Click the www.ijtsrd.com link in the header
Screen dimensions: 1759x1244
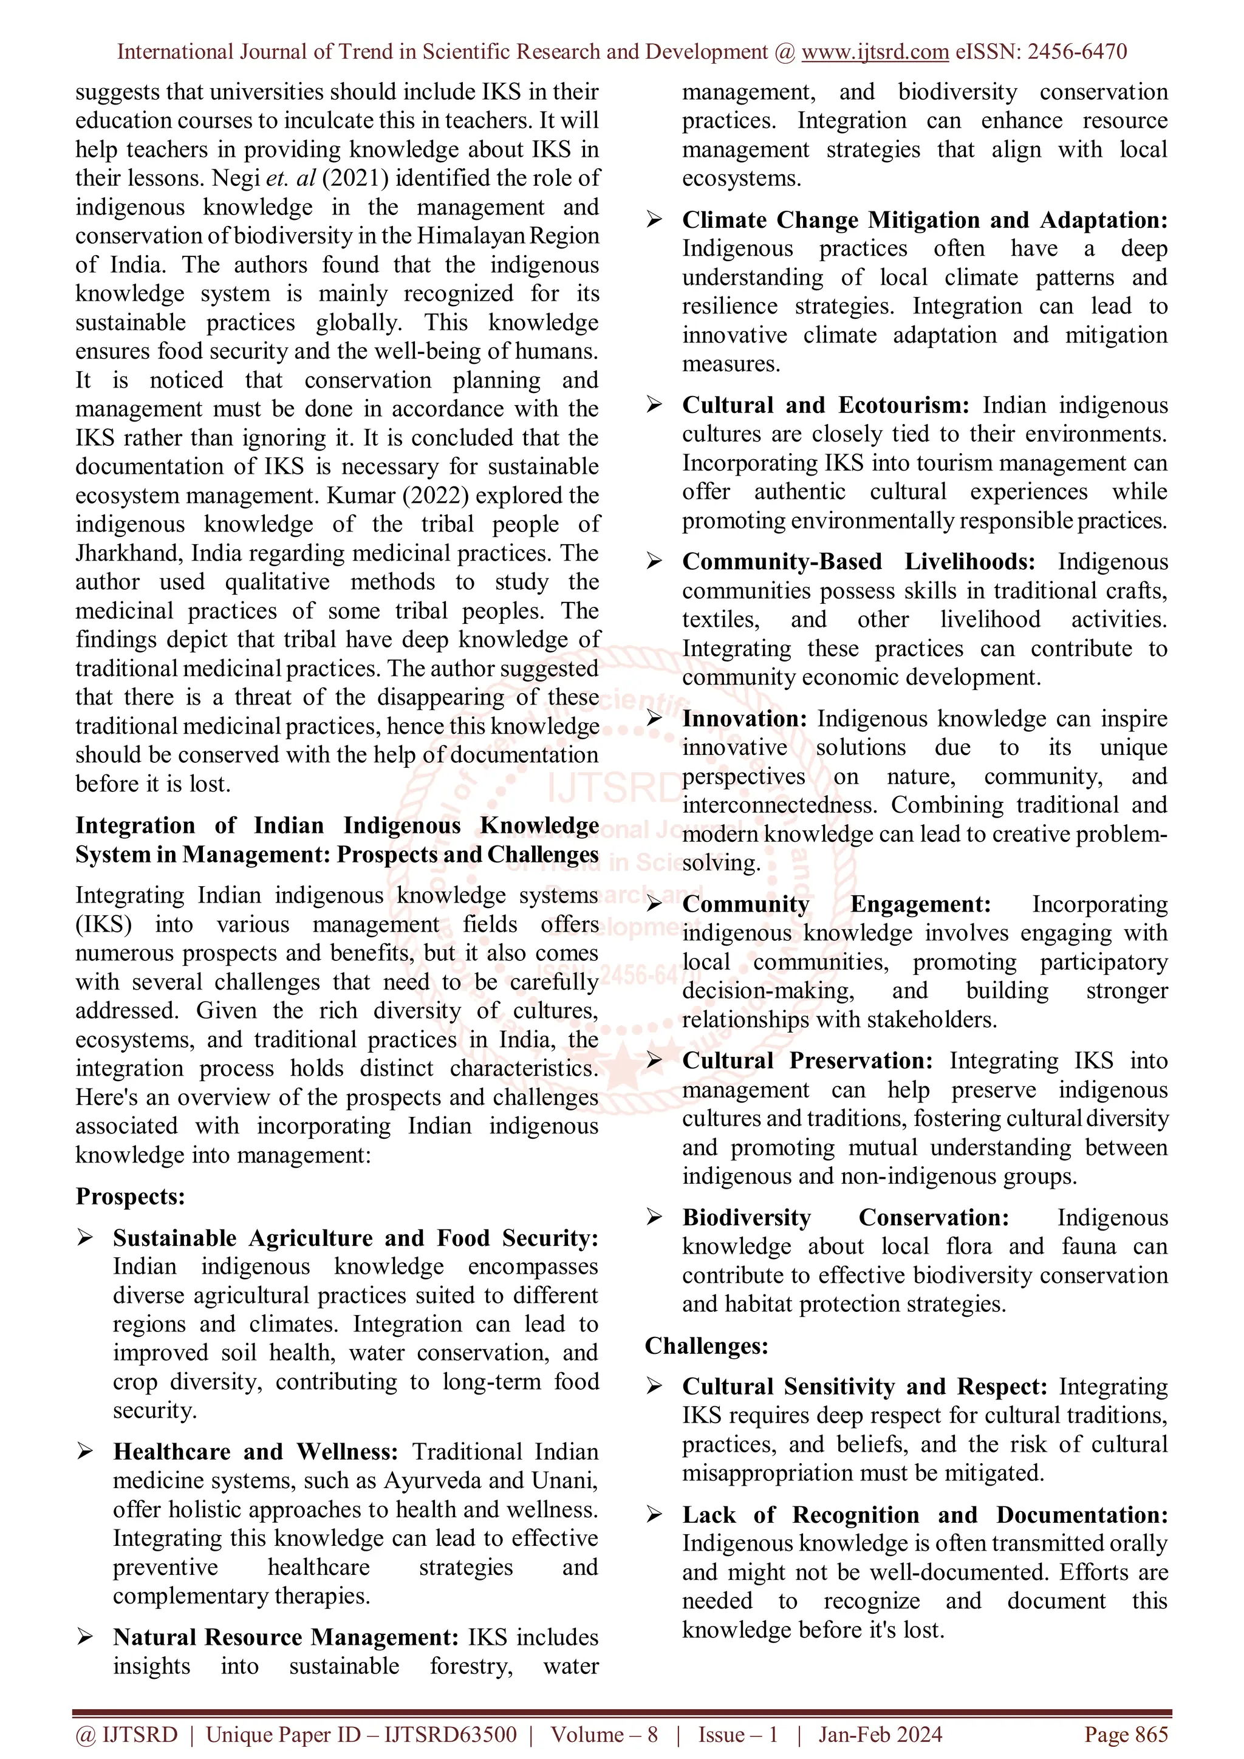(875, 52)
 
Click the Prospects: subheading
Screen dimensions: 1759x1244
(130, 1197)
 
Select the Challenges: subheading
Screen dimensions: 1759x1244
(706, 1346)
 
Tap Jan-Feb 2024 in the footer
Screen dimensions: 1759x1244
(880, 1735)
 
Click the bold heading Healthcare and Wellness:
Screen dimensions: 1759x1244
(255, 1452)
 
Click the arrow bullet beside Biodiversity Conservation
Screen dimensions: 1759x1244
(654, 1217)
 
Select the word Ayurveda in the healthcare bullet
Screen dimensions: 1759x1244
(429, 1481)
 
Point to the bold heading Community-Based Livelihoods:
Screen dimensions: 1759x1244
(858, 562)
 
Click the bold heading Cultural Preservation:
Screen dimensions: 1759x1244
(807, 1061)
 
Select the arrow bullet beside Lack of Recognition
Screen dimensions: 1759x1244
(654, 1515)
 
